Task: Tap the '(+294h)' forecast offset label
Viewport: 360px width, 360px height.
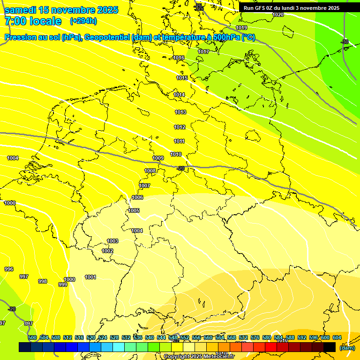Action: click(83, 21)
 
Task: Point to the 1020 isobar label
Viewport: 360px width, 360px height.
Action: click(278, 15)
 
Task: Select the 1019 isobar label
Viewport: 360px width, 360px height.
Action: click(241, 28)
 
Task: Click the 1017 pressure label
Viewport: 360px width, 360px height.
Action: click(203, 52)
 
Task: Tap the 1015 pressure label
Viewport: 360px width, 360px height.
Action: click(182, 78)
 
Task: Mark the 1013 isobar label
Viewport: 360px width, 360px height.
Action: click(180, 112)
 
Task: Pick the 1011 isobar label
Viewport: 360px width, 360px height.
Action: click(180, 141)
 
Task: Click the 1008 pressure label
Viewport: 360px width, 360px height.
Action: click(150, 171)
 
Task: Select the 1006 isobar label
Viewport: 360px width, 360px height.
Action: click(137, 197)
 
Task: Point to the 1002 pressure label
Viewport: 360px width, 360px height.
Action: click(107, 251)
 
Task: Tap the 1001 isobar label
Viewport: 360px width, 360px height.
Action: click(90, 277)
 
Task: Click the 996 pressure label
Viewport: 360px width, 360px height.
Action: click(9, 269)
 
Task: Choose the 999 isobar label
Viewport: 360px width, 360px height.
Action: click(62, 285)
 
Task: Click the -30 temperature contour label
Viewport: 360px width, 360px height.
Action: click(345, 42)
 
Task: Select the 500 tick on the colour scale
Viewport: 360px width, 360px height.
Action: click(32, 337)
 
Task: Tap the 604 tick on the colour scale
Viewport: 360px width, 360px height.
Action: click(337, 337)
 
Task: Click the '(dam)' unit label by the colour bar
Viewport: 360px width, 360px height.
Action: click(347, 348)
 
